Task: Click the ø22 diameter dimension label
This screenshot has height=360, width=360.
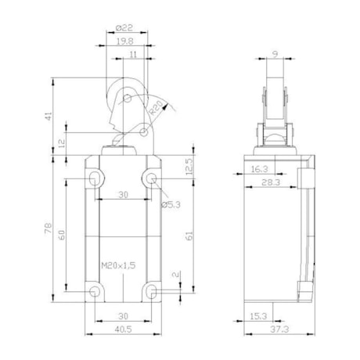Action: (x=124, y=27)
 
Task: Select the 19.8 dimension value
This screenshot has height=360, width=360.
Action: (x=125, y=41)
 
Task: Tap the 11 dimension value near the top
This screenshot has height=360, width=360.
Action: (x=133, y=55)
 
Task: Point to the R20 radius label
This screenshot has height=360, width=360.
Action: (x=156, y=108)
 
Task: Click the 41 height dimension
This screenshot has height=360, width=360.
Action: (x=49, y=116)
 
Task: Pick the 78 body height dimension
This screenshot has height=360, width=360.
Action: (x=49, y=229)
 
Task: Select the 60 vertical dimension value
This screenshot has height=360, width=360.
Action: (x=62, y=235)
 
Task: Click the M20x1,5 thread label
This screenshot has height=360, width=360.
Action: (x=118, y=265)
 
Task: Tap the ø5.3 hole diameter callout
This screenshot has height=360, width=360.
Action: (x=171, y=205)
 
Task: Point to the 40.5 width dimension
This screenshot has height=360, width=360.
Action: (x=124, y=329)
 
